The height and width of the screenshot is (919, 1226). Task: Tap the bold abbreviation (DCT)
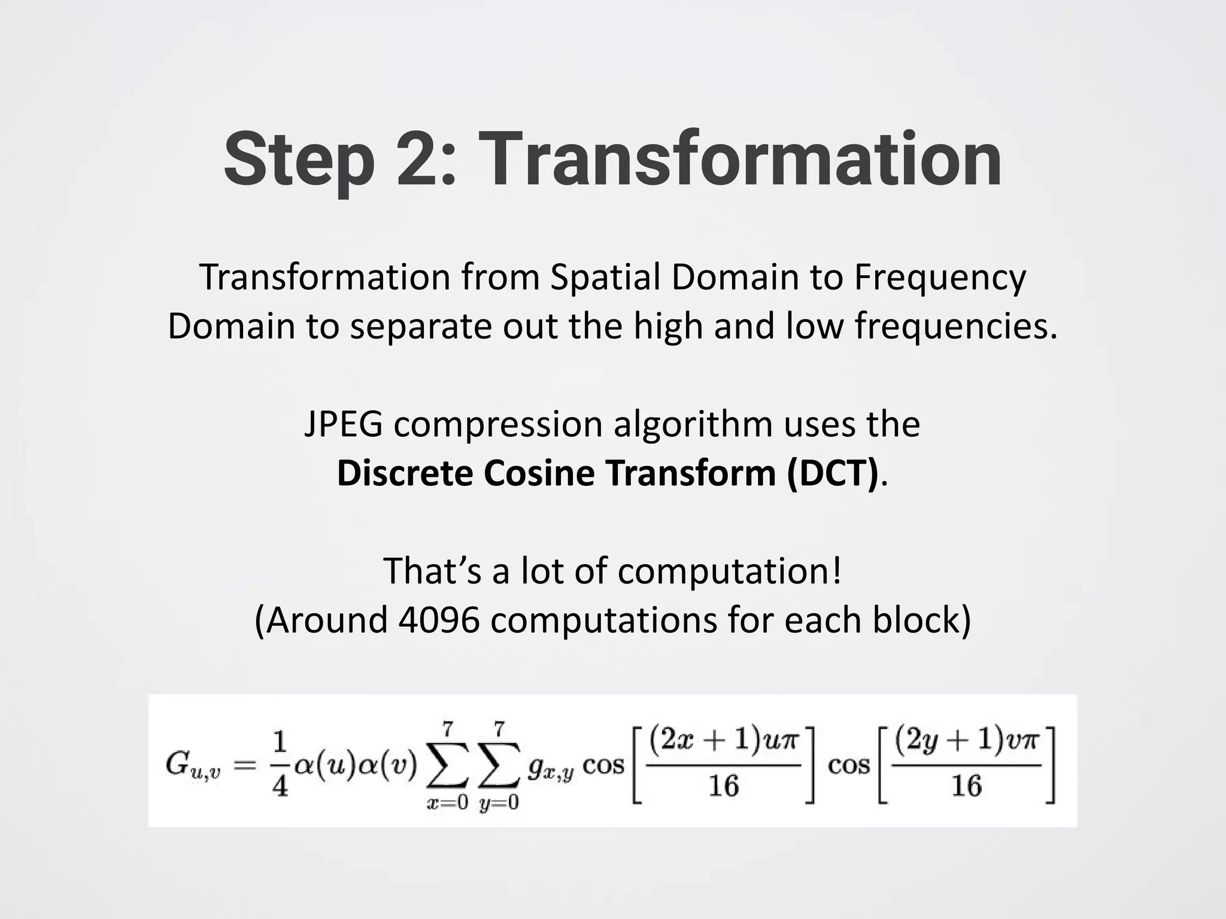click(833, 473)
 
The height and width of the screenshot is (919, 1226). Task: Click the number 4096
click(439, 620)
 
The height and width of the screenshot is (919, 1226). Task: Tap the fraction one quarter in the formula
click(279, 766)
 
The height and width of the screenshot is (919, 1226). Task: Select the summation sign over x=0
click(447, 767)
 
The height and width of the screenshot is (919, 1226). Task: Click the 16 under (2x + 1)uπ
click(724, 786)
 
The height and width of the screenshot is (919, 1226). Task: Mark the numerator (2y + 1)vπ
click(967, 742)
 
